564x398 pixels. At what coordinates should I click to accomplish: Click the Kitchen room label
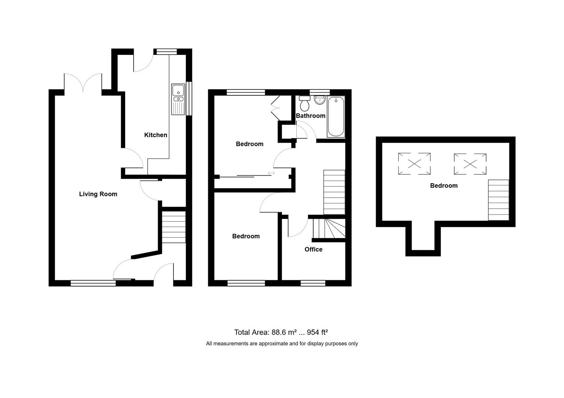coord(156,135)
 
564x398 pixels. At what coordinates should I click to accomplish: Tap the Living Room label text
coord(98,194)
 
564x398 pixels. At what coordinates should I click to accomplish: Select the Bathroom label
coord(310,116)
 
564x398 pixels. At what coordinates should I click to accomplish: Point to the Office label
coord(313,249)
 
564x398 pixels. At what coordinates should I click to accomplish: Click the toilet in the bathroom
coord(305,103)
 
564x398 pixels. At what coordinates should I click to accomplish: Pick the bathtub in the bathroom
coord(336,117)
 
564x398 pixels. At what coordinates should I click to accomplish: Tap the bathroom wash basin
coord(320,100)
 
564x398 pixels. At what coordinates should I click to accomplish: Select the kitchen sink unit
coord(178,99)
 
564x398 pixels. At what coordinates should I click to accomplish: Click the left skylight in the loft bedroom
coord(414,164)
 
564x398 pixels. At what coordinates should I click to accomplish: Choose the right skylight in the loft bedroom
coord(470,164)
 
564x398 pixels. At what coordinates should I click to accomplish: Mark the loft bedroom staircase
coord(499,200)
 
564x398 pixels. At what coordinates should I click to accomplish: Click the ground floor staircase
coord(174,227)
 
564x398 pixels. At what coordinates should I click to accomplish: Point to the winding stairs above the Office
coord(329,228)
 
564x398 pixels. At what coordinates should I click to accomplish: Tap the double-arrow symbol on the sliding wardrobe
coord(271,173)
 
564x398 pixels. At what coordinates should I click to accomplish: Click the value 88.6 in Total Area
coord(279,332)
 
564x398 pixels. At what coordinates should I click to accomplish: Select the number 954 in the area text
coord(313,332)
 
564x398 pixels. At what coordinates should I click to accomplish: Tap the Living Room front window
coord(93,283)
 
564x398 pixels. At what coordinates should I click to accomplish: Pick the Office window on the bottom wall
coord(313,283)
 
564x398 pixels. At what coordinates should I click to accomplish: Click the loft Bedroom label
coord(444,185)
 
